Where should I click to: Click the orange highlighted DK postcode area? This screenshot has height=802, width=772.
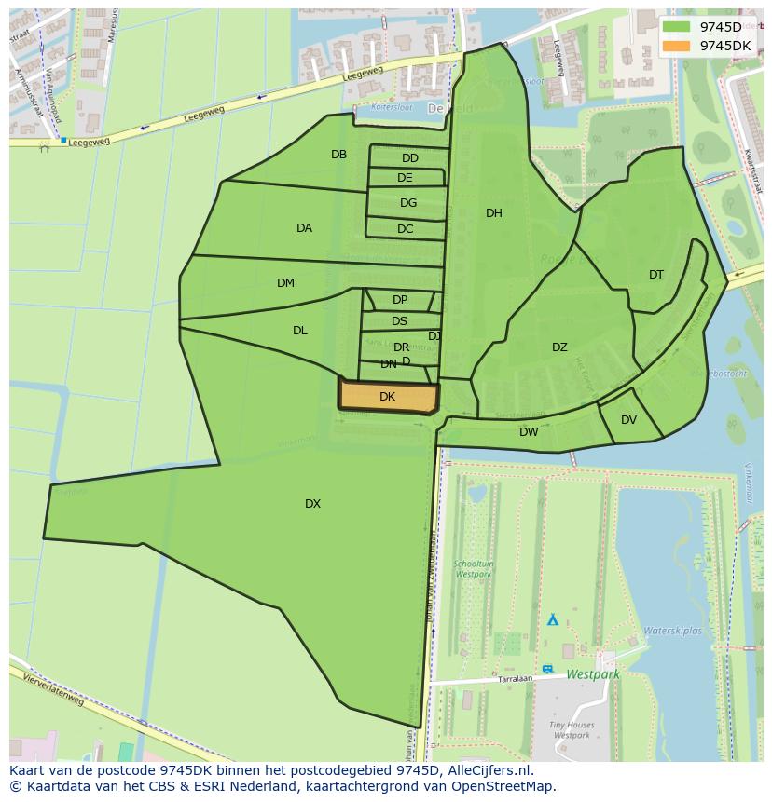pos(388,397)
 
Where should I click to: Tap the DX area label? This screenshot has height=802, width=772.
pos(312,504)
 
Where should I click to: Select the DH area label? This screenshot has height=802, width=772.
pos(494,213)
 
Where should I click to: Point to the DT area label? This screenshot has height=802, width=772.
pos(656,275)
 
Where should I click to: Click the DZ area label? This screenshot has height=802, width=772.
pos(559,347)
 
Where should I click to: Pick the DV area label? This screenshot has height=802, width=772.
pos(628,420)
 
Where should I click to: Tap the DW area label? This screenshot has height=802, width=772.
pos(529,432)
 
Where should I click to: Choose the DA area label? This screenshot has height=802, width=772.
pos(304,228)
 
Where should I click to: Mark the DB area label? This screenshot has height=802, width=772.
pos(338,155)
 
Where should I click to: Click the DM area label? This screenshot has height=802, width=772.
pos(285,283)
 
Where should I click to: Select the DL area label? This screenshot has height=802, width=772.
pos(299,331)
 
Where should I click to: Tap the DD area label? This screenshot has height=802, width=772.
pos(410,158)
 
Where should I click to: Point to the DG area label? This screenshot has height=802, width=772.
pos(408,203)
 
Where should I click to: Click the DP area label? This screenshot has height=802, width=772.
pos(400,300)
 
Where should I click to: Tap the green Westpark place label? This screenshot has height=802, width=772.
pos(593,673)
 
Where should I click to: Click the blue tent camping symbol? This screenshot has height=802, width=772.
pos(553,618)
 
